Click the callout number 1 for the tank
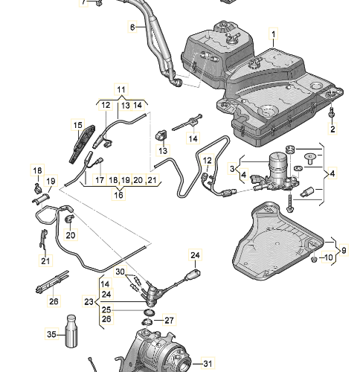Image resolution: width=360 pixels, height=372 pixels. pos(274,34)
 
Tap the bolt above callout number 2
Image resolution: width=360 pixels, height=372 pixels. pos(332,112)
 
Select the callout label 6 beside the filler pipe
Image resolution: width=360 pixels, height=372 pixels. pos(132,27)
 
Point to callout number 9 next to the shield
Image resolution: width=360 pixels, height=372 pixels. pos(344,250)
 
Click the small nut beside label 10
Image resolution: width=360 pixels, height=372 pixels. pos(314,260)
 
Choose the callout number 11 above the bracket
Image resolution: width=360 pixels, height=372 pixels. pos(121,89)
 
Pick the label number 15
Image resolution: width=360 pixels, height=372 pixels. pos(77,125)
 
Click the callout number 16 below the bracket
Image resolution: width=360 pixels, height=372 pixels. pos(118,194)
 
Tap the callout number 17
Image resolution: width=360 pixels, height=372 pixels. pos(100,180)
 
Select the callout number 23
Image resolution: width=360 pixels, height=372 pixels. pos(89,301)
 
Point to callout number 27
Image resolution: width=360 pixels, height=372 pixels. pos(169,320)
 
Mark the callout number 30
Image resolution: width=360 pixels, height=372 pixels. pos(120,272)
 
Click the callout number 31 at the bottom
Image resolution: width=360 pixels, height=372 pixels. pos(208,364)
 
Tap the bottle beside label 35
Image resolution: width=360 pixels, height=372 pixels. pos(71,331)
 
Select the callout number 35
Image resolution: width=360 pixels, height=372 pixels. pos(51,334)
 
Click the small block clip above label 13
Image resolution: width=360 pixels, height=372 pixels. pos(161,135)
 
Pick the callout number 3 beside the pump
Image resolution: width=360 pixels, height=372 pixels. pos(232,169)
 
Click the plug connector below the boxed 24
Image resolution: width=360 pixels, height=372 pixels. pos(195,273)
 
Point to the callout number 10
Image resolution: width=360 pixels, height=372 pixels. pos(328,257)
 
